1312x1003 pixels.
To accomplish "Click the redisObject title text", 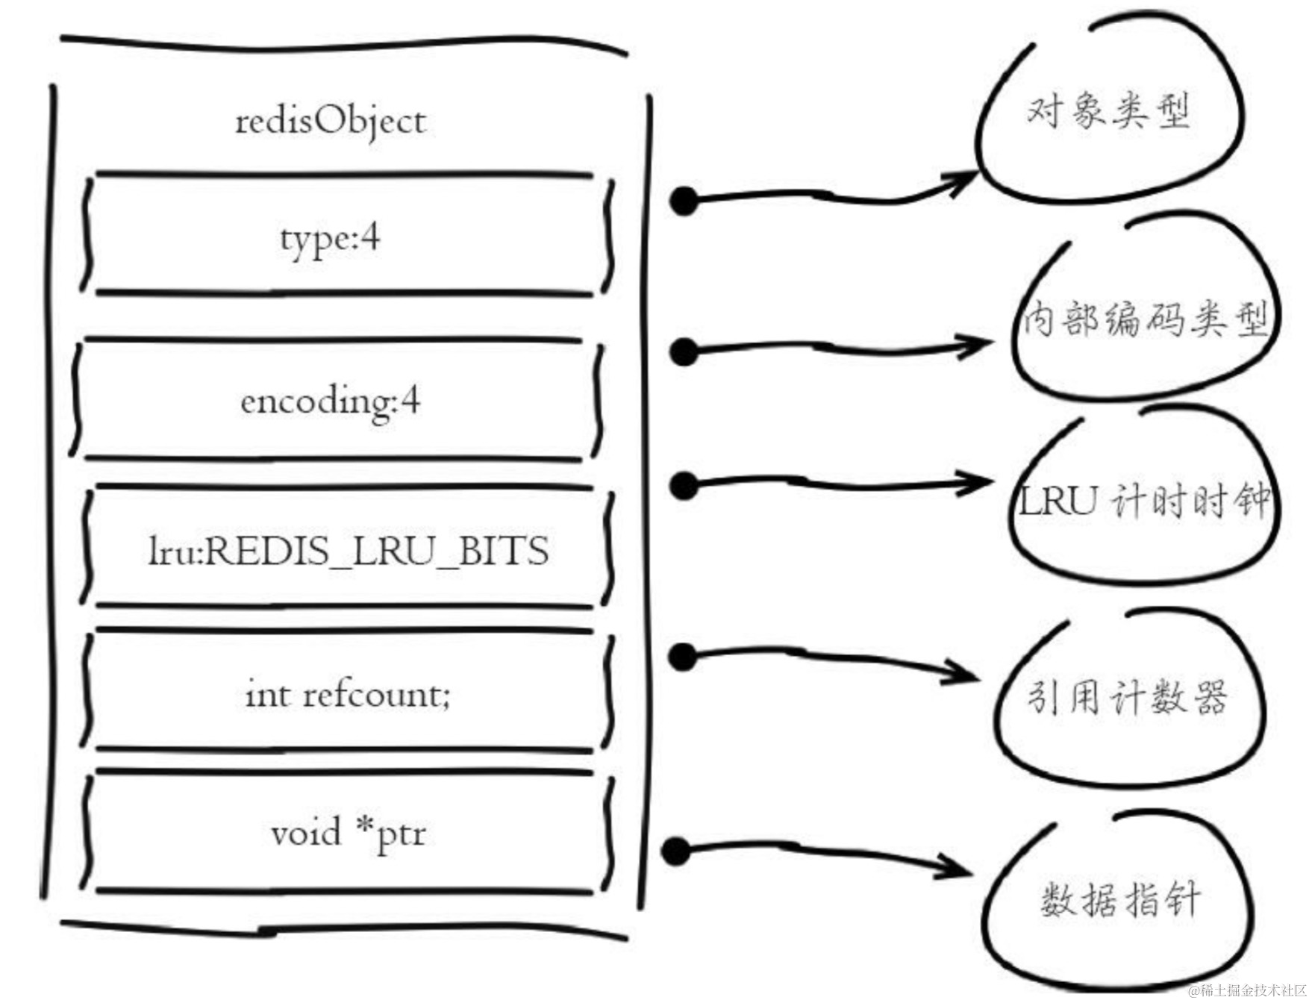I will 331,122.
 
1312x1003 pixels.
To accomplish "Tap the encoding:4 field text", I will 331,401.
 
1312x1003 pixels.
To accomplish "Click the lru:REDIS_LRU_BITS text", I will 349,552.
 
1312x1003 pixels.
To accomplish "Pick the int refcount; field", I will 349,694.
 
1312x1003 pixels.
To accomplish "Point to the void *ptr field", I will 349,833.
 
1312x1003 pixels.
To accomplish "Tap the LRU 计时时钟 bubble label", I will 1144,500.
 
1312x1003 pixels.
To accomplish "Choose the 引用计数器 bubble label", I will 1127,698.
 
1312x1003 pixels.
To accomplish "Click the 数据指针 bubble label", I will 1119,899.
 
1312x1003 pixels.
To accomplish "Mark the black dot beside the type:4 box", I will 684,201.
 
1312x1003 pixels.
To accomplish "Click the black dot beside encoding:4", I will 684,351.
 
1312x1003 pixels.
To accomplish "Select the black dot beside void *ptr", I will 676,852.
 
